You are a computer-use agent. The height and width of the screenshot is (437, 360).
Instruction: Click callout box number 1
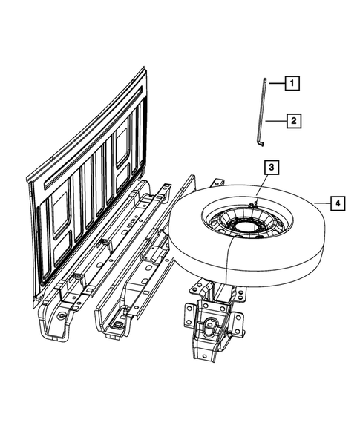(x=293, y=84)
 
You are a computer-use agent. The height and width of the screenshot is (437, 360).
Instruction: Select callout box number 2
(x=294, y=119)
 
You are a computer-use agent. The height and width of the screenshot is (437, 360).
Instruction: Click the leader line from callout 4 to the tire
(x=321, y=202)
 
